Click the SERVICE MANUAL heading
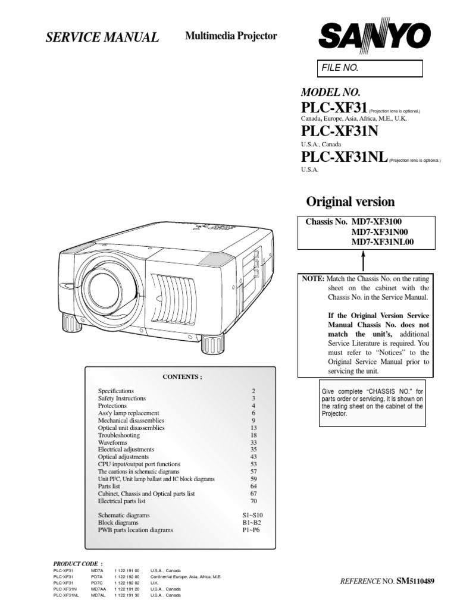pos(102,38)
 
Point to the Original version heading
pos(350,201)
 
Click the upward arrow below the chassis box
pos(363,260)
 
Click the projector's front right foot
pos(211,343)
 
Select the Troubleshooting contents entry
pos(118,435)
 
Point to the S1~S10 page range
pos(248,515)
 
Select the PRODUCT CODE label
pos(77,562)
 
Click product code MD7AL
pos(99,595)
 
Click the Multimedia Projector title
pos(231,36)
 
